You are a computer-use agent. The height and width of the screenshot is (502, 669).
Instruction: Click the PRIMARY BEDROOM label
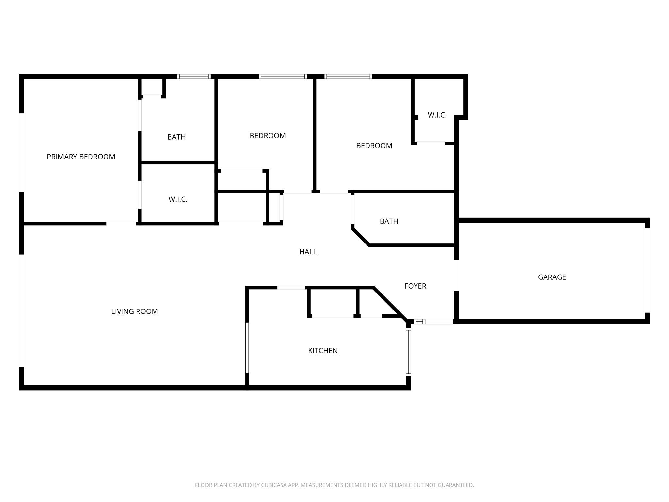(x=81, y=157)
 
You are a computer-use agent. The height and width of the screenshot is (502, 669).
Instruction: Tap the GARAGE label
(x=552, y=277)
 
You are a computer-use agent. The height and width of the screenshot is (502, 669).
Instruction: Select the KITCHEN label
(x=323, y=351)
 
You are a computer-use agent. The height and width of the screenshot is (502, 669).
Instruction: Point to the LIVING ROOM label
(x=134, y=311)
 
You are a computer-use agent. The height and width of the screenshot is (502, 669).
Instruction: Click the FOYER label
(x=415, y=286)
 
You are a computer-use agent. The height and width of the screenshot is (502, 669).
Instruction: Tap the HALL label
(x=308, y=252)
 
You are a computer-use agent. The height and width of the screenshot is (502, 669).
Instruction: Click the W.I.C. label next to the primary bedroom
(x=178, y=199)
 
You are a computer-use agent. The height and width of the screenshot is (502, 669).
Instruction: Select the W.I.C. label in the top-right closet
(x=437, y=115)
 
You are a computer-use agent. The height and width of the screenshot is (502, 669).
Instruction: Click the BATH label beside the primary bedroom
(x=176, y=137)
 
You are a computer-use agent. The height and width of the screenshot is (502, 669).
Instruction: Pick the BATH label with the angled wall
(x=389, y=221)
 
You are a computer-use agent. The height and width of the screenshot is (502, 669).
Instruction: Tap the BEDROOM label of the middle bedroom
(x=268, y=136)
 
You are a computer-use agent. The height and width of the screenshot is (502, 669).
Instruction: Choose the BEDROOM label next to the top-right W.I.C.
(x=374, y=146)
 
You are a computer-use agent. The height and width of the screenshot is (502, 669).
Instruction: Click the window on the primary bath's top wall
(x=194, y=76)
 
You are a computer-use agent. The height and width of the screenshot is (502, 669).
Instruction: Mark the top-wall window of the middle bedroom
(x=283, y=76)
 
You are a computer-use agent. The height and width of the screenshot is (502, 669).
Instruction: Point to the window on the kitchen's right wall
(x=408, y=351)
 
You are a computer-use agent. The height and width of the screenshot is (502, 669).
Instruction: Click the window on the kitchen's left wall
(x=247, y=347)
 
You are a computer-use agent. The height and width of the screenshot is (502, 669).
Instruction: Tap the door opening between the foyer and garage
(x=456, y=276)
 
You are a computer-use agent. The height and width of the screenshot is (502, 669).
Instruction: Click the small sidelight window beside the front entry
(x=419, y=322)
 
